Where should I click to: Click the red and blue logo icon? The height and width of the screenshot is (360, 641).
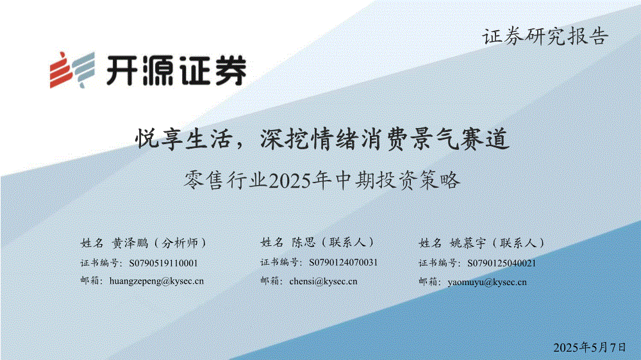(x=72, y=70)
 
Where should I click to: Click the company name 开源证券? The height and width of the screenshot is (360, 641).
(x=177, y=70)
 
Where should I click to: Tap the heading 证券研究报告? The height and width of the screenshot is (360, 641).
(x=545, y=37)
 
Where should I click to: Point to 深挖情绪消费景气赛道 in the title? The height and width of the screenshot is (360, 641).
(x=385, y=139)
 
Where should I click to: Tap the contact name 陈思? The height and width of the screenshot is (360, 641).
(x=304, y=242)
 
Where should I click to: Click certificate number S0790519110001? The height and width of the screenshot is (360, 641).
(x=163, y=263)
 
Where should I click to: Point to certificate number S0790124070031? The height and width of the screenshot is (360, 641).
(x=344, y=263)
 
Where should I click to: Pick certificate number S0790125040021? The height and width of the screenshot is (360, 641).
(x=502, y=263)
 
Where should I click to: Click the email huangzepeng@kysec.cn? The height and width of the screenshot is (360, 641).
(x=156, y=281)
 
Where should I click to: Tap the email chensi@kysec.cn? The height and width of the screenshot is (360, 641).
(x=323, y=281)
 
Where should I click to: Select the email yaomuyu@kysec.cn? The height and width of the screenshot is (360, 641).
(x=487, y=282)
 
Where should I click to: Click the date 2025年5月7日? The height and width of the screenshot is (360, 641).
(x=590, y=347)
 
